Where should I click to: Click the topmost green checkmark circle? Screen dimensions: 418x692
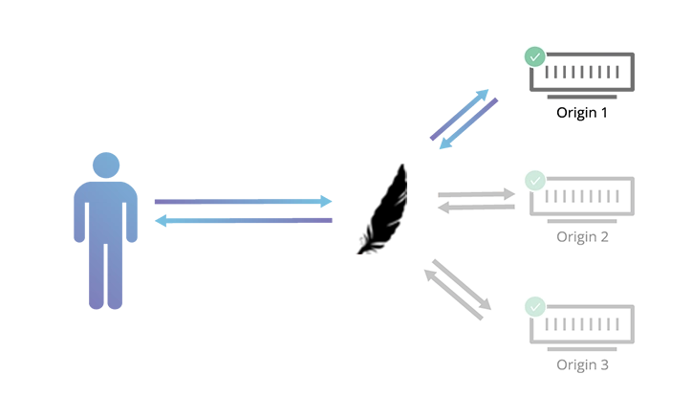pos(534,57)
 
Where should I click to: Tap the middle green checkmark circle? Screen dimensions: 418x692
pos(534,181)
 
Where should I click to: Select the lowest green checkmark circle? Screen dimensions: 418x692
pos(534,307)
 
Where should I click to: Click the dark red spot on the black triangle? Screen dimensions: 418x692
pos(357,255)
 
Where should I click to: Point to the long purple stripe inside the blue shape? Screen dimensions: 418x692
pos(239,206)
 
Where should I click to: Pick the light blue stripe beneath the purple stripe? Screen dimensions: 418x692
pos(239,222)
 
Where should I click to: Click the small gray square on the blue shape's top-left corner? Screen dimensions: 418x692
pos(106,149)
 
